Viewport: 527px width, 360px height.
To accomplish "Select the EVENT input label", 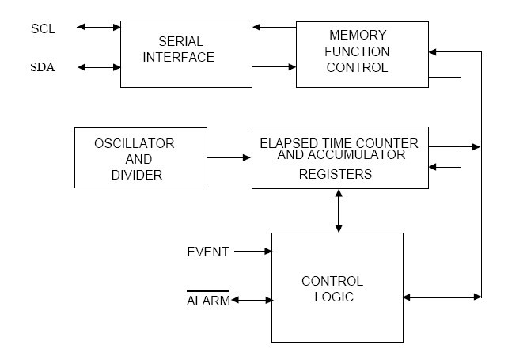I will click(208, 252).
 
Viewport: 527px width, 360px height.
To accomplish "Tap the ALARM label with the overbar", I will click(208, 301).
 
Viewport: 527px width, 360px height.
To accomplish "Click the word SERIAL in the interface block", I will click(180, 41).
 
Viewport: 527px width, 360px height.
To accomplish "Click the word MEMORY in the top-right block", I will click(358, 36).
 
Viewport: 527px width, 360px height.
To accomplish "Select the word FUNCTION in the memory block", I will click(358, 51).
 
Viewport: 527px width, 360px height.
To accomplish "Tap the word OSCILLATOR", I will click(135, 143).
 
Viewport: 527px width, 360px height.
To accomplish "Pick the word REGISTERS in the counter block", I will click(335, 174).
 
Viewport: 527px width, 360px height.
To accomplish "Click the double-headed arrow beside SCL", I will click(99, 28).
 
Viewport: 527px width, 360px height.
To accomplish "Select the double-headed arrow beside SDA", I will click(99, 67).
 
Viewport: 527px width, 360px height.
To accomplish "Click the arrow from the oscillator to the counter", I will click(229, 158).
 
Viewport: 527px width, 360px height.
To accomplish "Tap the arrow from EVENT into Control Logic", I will click(253, 252).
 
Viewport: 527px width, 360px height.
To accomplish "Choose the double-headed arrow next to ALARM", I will click(251, 301).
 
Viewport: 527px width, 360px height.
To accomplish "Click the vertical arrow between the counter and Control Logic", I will click(339, 210).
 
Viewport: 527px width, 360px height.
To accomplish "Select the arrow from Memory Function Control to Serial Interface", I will click(278, 28).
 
